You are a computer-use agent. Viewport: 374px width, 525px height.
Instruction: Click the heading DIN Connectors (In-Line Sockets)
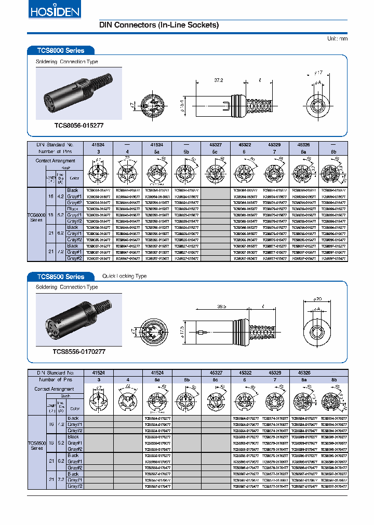coord(159,25)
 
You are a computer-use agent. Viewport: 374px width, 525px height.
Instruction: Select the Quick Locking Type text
coord(125,277)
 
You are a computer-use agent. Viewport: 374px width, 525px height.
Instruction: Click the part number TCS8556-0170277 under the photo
coord(79,351)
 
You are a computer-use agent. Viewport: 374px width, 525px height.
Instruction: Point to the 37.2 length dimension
coord(218,80)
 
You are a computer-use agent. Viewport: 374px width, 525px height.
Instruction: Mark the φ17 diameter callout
coord(318,73)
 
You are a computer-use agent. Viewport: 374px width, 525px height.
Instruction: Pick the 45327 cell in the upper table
coord(215,145)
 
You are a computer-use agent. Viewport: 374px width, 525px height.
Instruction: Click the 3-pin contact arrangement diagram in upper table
coord(98,172)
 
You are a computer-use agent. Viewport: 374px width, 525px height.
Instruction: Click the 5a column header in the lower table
coord(157,380)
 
